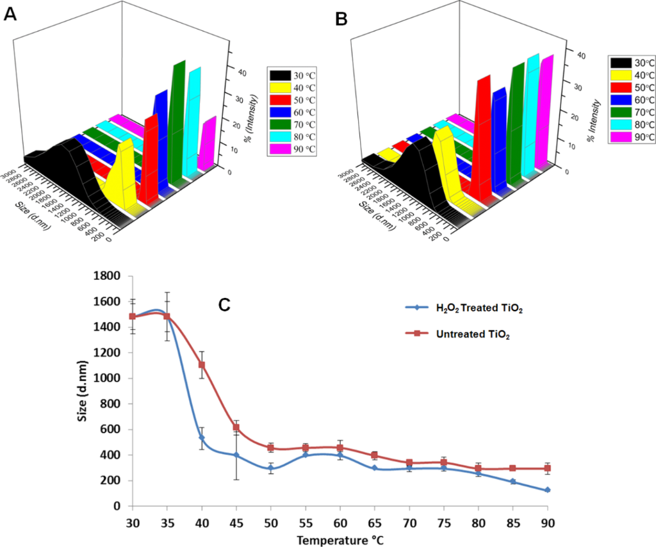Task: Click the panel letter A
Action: pos(10,15)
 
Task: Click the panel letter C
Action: pos(224,304)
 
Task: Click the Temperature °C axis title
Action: pos(340,540)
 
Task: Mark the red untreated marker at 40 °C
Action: pos(201,364)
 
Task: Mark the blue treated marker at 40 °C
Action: pos(201,438)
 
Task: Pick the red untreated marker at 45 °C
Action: pos(236,427)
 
